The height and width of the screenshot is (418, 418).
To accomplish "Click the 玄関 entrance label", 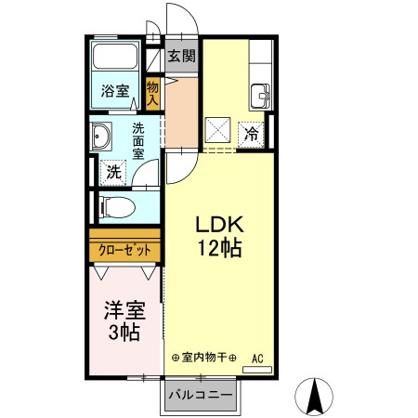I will (182, 56).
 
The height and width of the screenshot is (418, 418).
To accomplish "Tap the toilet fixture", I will (116, 205).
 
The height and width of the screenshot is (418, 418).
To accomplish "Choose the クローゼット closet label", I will (125, 250).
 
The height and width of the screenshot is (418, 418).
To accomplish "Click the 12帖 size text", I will (219, 249).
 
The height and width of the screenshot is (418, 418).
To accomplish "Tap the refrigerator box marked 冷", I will (251, 133).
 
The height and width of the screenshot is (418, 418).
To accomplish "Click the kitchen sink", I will (259, 94).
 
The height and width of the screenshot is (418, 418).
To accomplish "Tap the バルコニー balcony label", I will (200, 394).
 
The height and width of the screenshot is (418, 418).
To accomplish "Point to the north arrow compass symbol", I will (316, 398).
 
